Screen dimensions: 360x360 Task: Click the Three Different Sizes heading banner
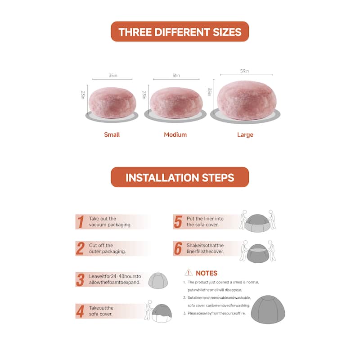click(180, 31)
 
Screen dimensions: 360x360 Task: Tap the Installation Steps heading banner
click(180, 177)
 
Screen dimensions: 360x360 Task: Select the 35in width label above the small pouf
click(113, 75)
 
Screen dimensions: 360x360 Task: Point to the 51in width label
click(176, 75)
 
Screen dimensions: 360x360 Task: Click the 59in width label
click(244, 71)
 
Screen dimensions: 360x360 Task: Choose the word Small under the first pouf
click(112, 135)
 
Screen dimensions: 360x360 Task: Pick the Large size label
click(245, 135)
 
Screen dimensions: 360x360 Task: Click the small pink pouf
click(112, 103)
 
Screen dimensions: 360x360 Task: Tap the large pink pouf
click(247, 100)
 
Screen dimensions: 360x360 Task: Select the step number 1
click(81, 222)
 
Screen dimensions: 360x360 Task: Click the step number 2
click(80, 248)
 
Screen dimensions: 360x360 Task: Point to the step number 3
click(80, 279)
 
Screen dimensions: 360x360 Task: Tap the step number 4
click(80, 311)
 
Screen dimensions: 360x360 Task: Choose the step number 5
click(178, 222)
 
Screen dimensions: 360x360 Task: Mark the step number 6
click(178, 248)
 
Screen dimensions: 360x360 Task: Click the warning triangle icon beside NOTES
click(189, 272)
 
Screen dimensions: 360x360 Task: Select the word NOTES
click(207, 273)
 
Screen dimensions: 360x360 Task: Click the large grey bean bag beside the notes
click(268, 310)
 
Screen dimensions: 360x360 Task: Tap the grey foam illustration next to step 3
click(158, 280)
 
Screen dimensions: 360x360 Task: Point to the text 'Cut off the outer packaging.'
click(107, 248)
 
